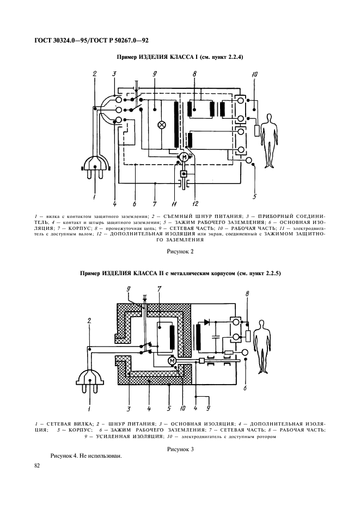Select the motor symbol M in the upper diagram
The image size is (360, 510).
click(184, 157)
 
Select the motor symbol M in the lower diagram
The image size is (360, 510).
click(172, 361)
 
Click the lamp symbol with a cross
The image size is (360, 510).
click(161, 124)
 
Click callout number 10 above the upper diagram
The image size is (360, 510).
click(254, 75)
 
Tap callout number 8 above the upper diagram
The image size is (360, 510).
click(194, 74)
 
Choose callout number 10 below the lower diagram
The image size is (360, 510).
click(182, 406)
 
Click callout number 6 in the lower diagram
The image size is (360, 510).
click(245, 387)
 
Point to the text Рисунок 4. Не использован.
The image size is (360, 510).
click(86, 456)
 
